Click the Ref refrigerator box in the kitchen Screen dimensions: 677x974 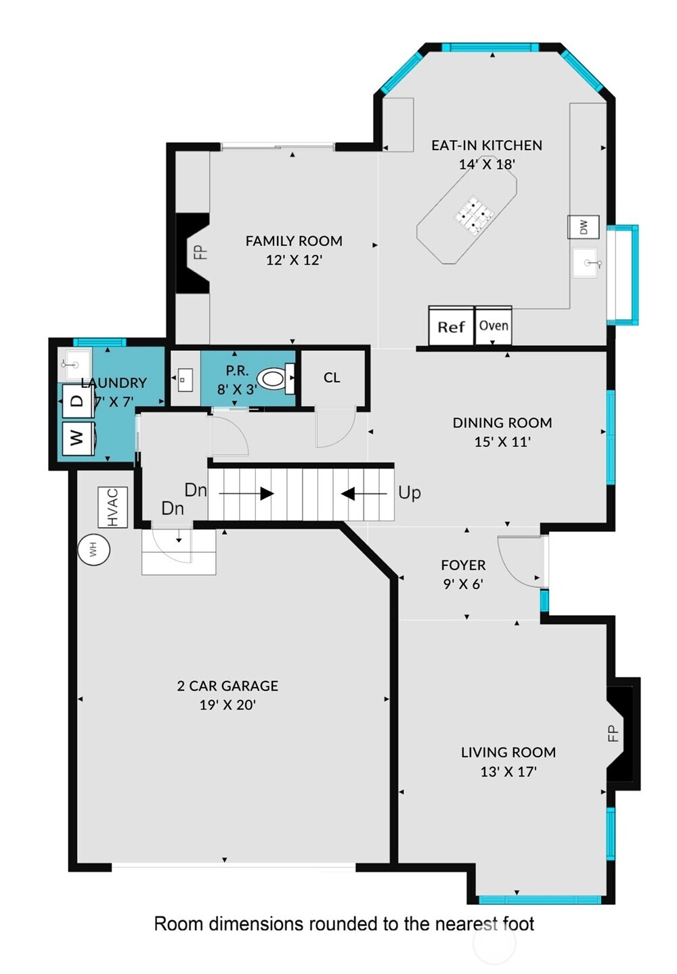(x=450, y=326)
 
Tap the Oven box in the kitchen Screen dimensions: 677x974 (x=493, y=326)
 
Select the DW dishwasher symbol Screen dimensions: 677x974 (x=583, y=227)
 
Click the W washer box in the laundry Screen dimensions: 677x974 (x=77, y=438)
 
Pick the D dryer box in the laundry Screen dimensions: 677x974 (x=77, y=401)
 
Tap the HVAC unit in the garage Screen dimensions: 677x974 (x=112, y=507)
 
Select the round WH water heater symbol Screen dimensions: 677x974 (x=93, y=549)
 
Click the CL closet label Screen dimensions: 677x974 (x=331, y=378)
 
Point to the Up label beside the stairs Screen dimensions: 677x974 (x=409, y=493)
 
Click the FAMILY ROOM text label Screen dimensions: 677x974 (x=294, y=241)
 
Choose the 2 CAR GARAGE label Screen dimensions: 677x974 (x=227, y=686)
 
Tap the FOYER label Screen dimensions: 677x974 (x=463, y=565)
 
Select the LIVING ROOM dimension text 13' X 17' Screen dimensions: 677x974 (x=508, y=772)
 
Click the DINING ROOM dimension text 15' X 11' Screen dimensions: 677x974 (x=502, y=442)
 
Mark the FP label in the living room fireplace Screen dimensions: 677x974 (x=613, y=733)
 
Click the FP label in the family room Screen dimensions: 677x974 (x=200, y=252)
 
